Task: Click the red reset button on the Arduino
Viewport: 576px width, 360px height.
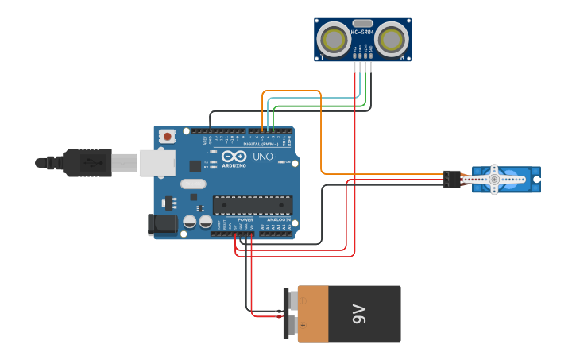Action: pyautogui.click(x=168, y=136)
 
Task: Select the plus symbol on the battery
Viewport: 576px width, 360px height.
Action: pyautogui.click(x=303, y=326)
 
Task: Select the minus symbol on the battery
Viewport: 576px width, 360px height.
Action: pyautogui.click(x=303, y=300)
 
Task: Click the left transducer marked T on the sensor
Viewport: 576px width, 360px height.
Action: pyautogui.click(x=332, y=38)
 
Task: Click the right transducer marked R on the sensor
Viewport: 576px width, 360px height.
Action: pyautogui.click(x=392, y=38)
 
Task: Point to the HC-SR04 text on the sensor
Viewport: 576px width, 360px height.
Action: pyautogui.click(x=361, y=33)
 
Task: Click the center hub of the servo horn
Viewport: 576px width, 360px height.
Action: pyautogui.click(x=493, y=180)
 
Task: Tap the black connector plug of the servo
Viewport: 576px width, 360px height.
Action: pyautogui.click(x=452, y=179)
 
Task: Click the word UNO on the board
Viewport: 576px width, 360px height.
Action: pyautogui.click(x=262, y=157)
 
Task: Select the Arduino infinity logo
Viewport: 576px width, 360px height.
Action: pyautogui.click(x=234, y=156)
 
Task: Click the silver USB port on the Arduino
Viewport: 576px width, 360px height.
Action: pyautogui.click(x=157, y=162)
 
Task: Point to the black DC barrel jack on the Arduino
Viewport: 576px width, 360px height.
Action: pyautogui.click(x=163, y=224)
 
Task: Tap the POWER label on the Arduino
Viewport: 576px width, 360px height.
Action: pyautogui.click(x=245, y=220)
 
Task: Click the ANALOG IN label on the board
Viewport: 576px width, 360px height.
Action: pyautogui.click(x=278, y=219)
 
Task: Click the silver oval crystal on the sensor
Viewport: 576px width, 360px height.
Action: pyautogui.click(x=362, y=23)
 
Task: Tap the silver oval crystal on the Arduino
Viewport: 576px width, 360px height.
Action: pyautogui.click(x=193, y=184)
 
